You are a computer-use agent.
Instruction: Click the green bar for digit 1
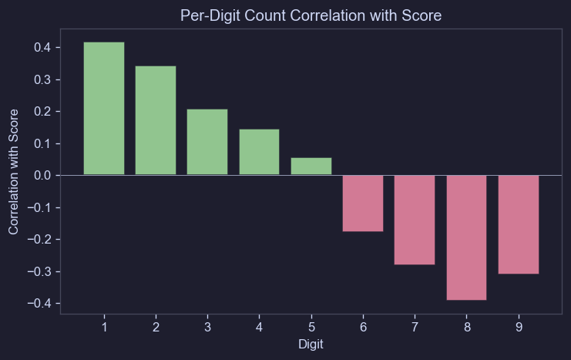coord(104,109)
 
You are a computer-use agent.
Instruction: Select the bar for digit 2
coord(156,120)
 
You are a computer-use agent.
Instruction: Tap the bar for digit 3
coord(207,142)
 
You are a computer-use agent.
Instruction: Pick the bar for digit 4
coord(259,152)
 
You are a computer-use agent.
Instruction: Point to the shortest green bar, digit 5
coord(311,167)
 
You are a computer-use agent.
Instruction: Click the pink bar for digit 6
coord(363,203)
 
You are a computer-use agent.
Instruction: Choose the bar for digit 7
coord(415,220)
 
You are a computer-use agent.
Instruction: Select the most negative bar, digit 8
coord(466,237)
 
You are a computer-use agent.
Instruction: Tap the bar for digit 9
coord(519,224)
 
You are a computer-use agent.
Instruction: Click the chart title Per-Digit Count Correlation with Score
coord(311,15)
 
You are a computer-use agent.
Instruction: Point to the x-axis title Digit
coord(311,345)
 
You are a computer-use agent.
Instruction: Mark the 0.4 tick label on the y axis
coord(42,48)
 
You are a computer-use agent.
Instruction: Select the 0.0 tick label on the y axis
coord(42,176)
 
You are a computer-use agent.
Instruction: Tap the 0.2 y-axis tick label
coord(42,112)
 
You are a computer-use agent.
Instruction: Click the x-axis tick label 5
coord(311,328)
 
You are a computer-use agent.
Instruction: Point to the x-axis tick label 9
coord(519,328)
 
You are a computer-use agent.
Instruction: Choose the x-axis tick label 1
coord(104,328)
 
